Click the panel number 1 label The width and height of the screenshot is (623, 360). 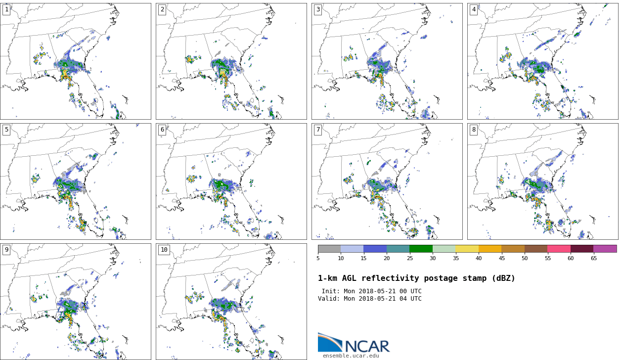[x=6, y=9]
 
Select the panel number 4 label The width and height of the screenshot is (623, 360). [x=474, y=9]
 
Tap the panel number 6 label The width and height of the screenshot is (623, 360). [x=162, y=130]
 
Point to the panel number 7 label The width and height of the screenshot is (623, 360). [x=318, y=130]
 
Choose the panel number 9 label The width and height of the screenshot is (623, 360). [x=6, y=250]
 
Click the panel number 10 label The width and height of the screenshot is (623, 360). [x=164, y=250]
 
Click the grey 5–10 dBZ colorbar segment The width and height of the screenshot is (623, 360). [x=329, y=249]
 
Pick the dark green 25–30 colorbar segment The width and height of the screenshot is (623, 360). [x=421, y=249]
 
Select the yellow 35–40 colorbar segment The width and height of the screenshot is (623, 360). [x=467, y=249]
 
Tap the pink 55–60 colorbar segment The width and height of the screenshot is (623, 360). [x=559, y=249]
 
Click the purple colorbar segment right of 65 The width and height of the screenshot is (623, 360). [x=605, y=249]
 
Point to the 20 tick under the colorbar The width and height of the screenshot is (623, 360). [x=387, y=258]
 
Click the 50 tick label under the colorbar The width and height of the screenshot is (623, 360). [x=524, y=258]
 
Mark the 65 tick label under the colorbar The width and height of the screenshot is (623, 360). [x=593, y=258]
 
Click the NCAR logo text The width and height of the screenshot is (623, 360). [x=367, y=346]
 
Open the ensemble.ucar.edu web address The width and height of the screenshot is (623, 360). [x=351, y=356]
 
